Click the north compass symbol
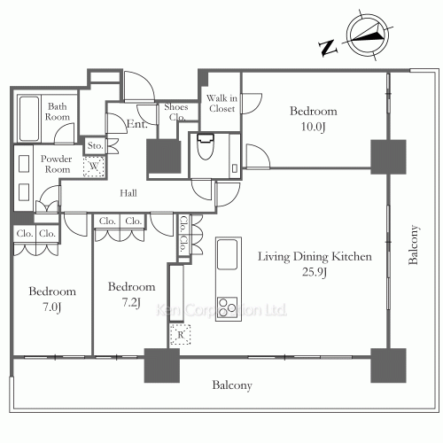(366, 38)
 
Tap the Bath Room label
(58, 110)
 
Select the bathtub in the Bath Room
(28, 116)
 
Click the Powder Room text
(58, 164)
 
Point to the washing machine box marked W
(91, 165)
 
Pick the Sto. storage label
(95, 146)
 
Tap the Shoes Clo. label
(175, 112)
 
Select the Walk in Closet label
(221, 103)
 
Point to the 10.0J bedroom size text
(314, 128)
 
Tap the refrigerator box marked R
(179, 334)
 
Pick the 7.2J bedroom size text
(131, 302)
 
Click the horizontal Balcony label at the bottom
(232, 385)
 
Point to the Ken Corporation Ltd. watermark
(221, 311)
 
